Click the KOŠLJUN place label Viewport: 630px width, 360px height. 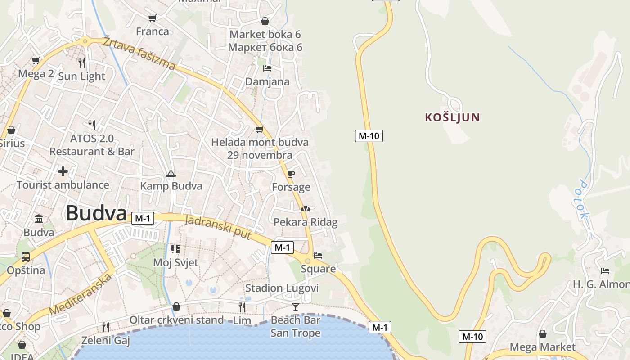[452, 117]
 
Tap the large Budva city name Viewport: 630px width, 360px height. [96, 213]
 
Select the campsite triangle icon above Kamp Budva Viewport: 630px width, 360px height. [171, 173]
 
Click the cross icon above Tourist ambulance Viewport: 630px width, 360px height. [63, 171]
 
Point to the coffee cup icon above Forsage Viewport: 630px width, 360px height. [291, 174]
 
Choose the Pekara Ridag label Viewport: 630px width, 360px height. [305, 222]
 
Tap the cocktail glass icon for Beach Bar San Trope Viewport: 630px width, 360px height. [295, 307]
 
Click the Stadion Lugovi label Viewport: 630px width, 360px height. [282, 288]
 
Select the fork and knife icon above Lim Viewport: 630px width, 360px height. [242, 307]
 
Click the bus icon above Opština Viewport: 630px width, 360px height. [26, 257]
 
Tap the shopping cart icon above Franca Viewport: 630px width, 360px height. [152, 18]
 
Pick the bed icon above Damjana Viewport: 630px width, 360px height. [267, 68]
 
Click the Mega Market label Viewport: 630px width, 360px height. [542, 347]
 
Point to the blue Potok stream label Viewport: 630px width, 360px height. [583, 199]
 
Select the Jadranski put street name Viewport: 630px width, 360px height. [218, 226]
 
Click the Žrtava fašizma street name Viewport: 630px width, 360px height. [139, 53]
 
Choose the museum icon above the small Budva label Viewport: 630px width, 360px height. [39, 219]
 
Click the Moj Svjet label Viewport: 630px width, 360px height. [175, 262]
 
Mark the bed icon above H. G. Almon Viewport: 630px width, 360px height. [605, 271]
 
